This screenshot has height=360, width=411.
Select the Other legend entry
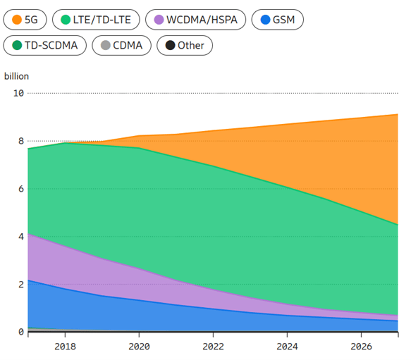[x=185, y=46]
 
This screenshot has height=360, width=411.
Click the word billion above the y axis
[x=16, y=76]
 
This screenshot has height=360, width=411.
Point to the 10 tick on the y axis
[x=18, y=93]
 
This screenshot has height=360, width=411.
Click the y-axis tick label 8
[x=20, y=141]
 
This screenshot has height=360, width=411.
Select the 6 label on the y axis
[x=20, y=189]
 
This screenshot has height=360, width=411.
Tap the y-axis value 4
[x=20, y=237]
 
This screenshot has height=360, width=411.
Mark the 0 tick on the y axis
[x=20, y=332]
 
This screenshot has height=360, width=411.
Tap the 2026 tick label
[x=360, y=346]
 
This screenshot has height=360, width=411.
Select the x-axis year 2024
[x=286, y=346]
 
